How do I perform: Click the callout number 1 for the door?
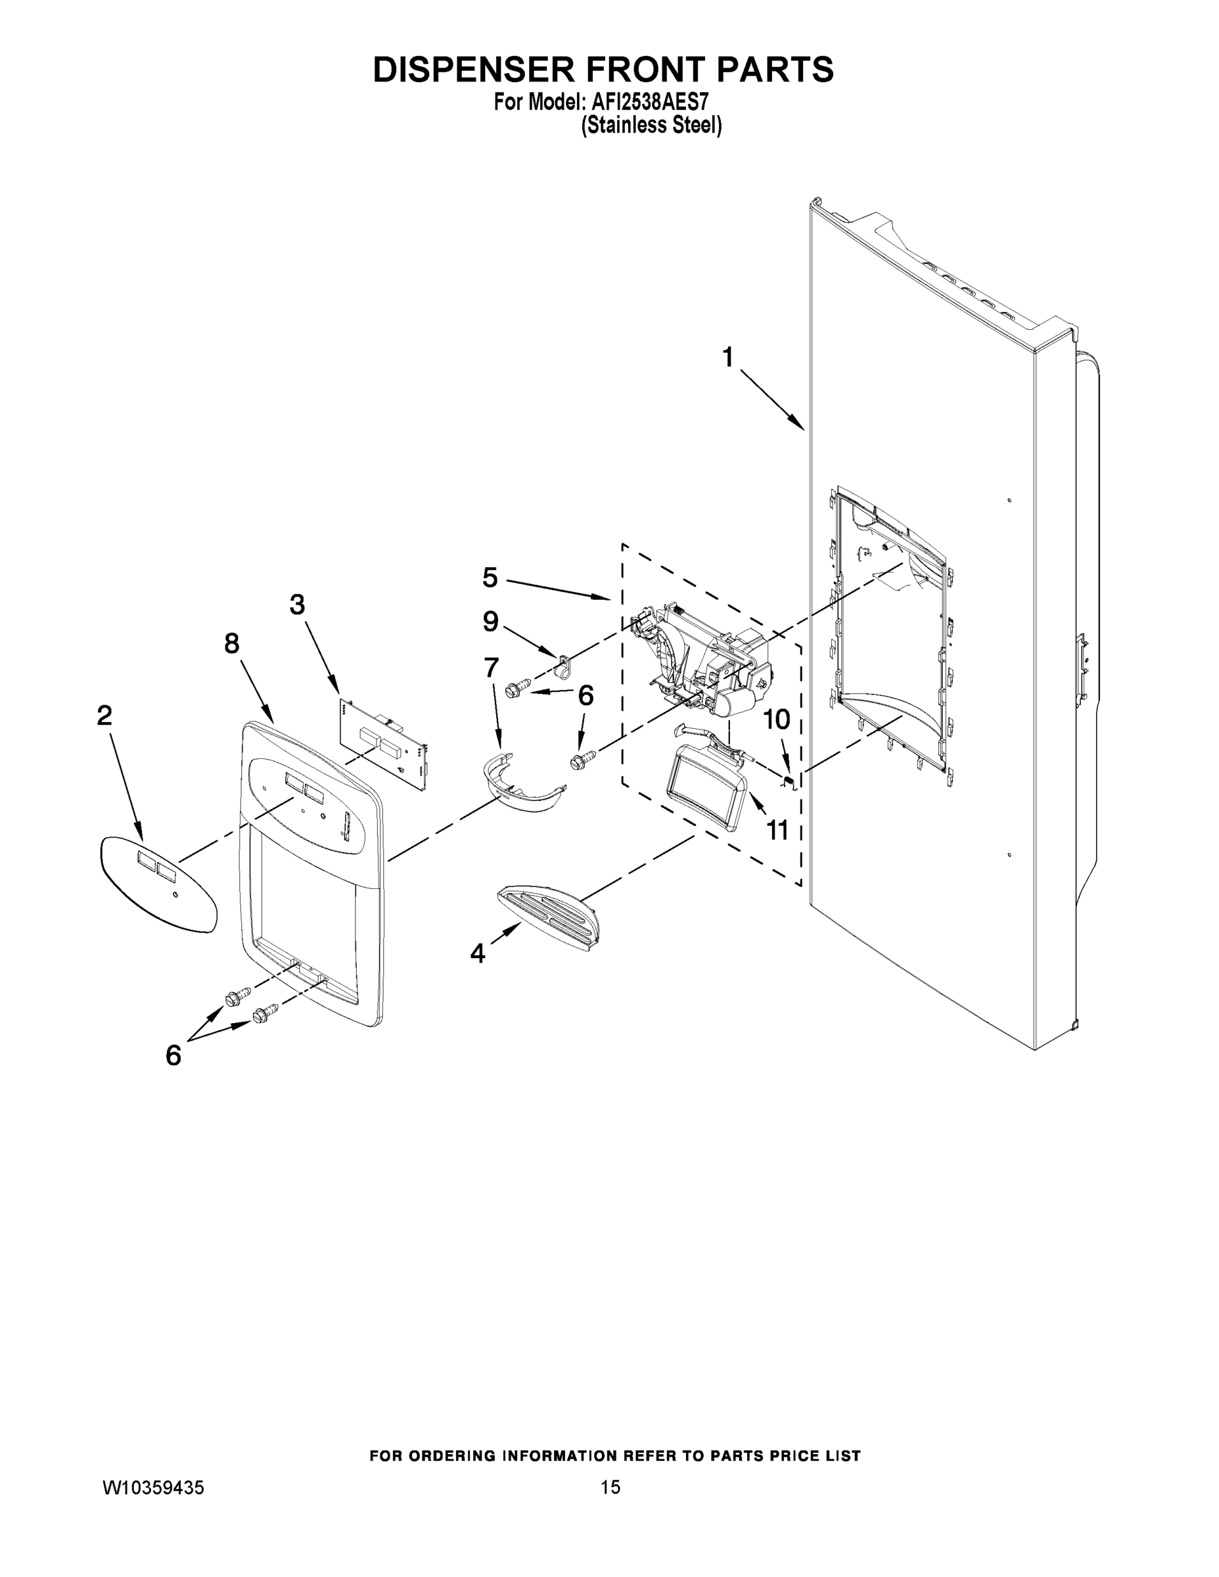click(x=728, y=357)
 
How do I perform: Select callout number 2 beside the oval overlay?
click(x=104, y=716)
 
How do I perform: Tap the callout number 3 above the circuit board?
click(x=297, y=605)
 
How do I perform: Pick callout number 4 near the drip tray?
click(x=477, y=953)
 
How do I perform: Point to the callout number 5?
click(x=490, y=577)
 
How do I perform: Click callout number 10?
click(x=777, y=720)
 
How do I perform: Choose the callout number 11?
click(x=777, y=831)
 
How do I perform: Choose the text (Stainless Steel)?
click(x=651, y=125)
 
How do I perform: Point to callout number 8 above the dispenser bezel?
click(x=231, y=643)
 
